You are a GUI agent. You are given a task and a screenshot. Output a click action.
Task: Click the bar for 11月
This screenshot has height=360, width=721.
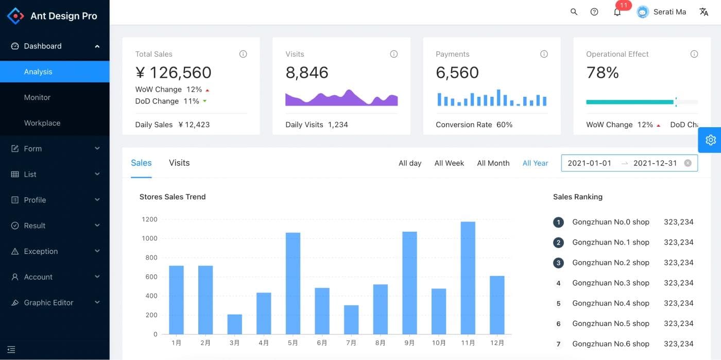pos(468,278)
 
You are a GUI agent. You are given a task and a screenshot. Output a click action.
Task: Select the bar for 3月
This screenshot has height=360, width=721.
pos(234,324)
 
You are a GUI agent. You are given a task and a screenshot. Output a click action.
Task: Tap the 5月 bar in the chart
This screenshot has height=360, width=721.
pos(293,283)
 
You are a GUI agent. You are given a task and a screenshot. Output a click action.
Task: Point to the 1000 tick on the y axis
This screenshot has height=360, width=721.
pos(149,238)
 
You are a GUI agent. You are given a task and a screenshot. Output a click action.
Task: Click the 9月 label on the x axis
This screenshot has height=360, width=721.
pos(409,343)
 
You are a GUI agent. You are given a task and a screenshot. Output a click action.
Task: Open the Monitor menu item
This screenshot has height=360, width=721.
pos(37,97)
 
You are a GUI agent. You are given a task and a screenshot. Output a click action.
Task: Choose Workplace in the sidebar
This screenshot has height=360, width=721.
pos(42,123)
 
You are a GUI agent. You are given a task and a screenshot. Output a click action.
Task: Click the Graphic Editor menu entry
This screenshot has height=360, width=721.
pos(48,303)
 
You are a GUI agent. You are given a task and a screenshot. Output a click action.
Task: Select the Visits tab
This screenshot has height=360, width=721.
pos(179,163)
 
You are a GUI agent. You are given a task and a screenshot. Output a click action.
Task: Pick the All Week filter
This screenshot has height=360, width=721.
pos(449,163)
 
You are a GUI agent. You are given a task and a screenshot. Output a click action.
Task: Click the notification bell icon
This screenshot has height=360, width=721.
pos(617,12)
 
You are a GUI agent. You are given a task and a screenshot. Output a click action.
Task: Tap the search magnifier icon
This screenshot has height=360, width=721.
pos(574,12)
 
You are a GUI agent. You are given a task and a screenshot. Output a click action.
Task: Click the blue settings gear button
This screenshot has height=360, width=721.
pos(711,140)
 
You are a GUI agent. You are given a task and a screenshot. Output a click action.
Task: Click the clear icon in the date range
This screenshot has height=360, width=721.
pos(688,163)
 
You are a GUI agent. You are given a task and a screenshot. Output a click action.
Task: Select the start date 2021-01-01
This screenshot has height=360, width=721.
pos(589,163)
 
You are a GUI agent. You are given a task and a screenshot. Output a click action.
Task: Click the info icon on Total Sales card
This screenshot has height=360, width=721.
pos(243,54)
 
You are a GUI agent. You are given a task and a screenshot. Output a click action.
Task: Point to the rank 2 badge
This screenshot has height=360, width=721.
pos(558,243)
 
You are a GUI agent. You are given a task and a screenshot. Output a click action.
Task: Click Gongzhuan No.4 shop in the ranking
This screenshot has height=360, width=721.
pos(610,303)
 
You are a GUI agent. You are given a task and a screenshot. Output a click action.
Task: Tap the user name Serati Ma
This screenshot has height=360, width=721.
pos(669,12)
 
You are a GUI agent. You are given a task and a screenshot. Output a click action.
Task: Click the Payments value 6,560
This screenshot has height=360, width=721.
pos(457,73)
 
